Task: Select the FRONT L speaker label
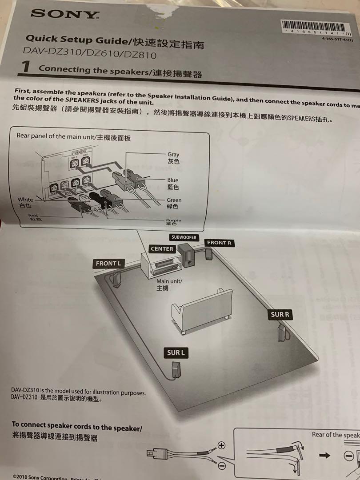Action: [x=108, y=264]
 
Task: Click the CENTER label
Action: [x=162, y=249]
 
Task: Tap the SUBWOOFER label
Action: [x=184, y=237]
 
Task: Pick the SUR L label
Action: [x=176, y=353]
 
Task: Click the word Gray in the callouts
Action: [x=173, y=155]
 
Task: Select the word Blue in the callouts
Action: [x=173, y=180]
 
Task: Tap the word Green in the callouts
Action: [x=174, y=200]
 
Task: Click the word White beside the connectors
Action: [x=25, y=200]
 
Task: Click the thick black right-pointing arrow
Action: [x=326, y=455]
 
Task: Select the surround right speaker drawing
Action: [x=281, y=332]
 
